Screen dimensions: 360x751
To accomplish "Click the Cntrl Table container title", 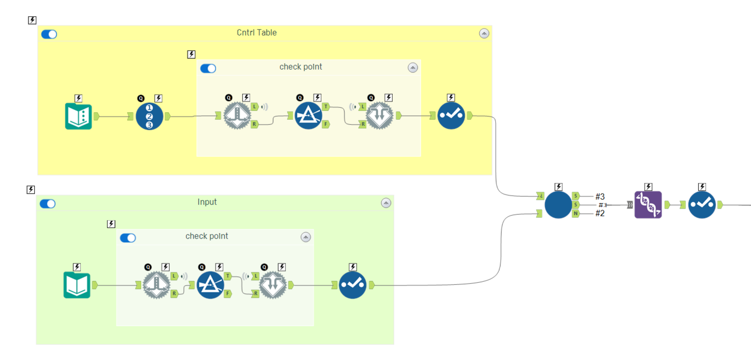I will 256,33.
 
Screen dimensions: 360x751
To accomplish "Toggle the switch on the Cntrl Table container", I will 49,34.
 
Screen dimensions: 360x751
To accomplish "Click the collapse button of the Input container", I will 386,203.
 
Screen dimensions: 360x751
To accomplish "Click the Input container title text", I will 207,202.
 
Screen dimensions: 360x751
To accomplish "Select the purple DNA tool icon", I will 648,205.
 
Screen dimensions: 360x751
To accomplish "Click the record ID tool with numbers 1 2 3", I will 149,116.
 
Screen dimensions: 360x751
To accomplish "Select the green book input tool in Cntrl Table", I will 78,116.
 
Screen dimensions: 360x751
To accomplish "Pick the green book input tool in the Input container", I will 77,285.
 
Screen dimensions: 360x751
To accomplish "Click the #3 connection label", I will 600,197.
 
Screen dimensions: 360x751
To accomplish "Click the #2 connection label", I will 600,213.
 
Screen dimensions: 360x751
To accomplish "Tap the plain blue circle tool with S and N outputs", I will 558,205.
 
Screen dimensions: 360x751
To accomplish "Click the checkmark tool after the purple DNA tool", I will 702,205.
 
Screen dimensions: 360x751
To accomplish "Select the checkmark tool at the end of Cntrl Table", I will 451,116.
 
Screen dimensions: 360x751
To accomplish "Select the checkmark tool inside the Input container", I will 352,285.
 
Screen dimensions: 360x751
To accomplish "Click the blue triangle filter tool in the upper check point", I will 308,116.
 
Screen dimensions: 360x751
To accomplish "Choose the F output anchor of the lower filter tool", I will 228,294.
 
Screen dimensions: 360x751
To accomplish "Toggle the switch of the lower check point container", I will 128,238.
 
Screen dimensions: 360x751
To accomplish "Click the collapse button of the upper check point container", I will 413,68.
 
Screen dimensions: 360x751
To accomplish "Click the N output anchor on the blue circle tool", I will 575,213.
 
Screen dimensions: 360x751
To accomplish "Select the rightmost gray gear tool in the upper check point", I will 379,116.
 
